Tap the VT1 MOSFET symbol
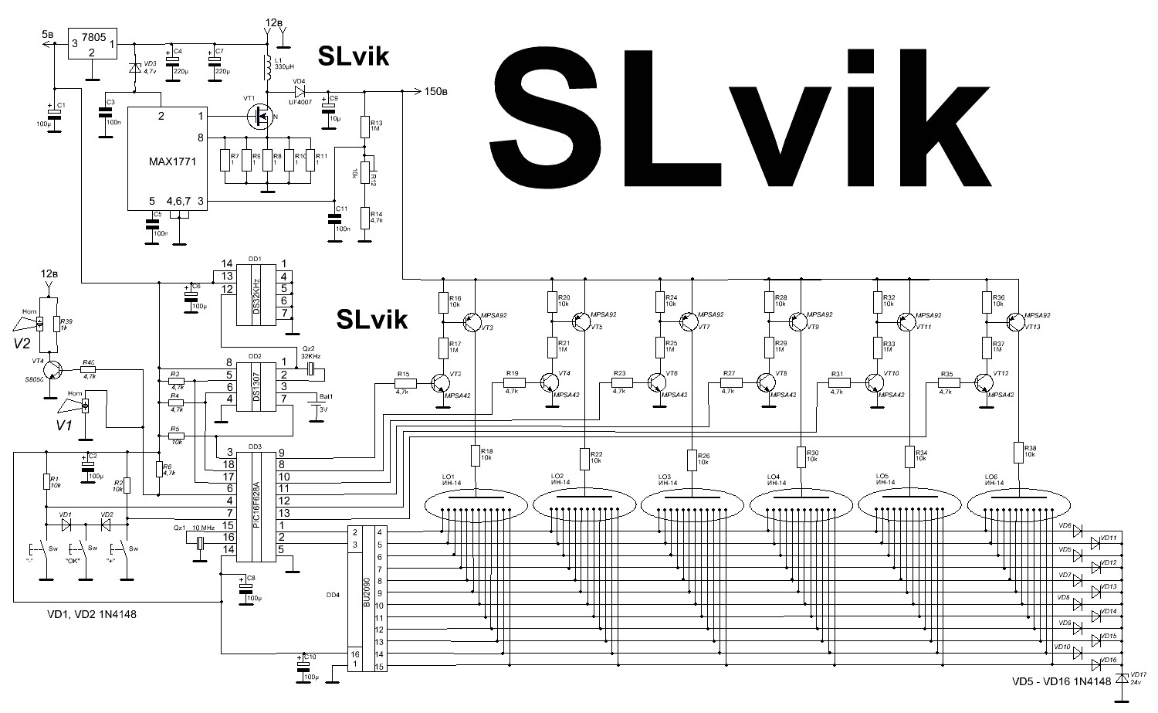tap(259, 117)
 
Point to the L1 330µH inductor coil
tap(268, 68)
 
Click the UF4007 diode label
tap(301, 91)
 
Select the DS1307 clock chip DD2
tap(257, 384)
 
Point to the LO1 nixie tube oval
tap(476, 507)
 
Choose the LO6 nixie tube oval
tap(1020, 507)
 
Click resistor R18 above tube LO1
tap(474, 455)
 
